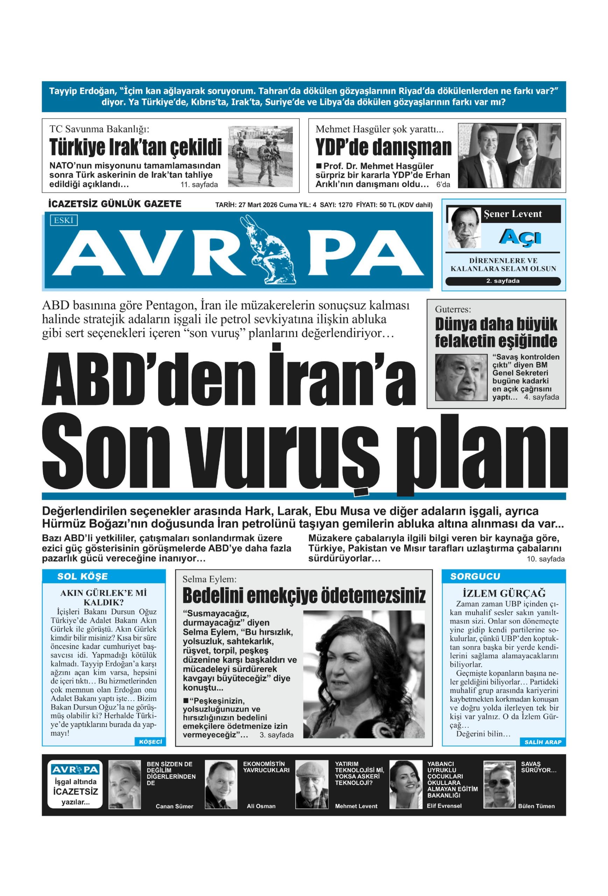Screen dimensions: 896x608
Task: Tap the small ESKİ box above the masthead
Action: point(64,220)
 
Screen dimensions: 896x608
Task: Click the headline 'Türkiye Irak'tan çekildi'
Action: point(135,147)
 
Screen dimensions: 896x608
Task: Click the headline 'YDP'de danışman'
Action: point(383,147)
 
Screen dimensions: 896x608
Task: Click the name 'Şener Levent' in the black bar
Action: point(512,214)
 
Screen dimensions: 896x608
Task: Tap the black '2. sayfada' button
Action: point(502,281)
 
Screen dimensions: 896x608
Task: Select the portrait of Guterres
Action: point(460,377)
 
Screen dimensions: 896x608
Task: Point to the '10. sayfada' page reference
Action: point(545,559)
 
